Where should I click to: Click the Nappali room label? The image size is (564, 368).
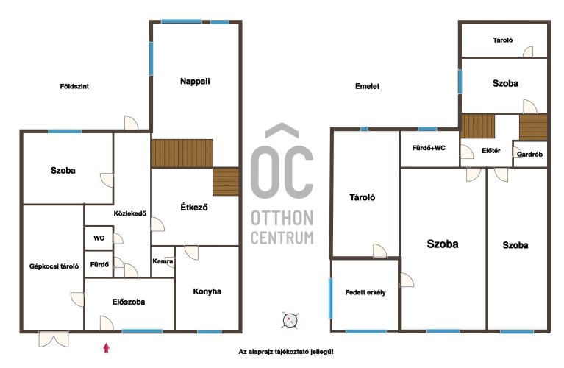coord(195,82)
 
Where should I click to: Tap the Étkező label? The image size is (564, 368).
coord(194,207)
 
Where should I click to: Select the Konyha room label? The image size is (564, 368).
coord(207,291)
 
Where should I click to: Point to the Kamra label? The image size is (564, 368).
coord(163,261)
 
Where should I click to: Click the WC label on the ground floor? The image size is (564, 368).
coord(99,238)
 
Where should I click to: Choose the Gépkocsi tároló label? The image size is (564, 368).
coord(54,266)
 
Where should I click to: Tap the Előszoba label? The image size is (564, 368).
coord(129,302)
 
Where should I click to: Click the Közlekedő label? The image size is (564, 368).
coord(130,213)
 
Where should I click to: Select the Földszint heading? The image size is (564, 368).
coord(74,86)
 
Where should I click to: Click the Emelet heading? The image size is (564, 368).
coord(367,86)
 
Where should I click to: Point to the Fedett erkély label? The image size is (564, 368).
coord(365,292)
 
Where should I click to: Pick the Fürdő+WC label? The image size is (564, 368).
coord(429,148)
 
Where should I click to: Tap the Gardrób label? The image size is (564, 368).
coord(529,154)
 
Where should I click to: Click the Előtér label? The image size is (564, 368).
coord(491,151)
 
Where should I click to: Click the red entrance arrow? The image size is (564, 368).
coord(106,348)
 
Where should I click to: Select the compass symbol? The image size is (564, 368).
coord(290,320)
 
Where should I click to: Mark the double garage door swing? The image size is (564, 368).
coord(53,339)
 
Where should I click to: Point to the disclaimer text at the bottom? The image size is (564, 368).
coord(286,351)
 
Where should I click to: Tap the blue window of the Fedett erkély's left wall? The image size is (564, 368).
coord(331,298)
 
